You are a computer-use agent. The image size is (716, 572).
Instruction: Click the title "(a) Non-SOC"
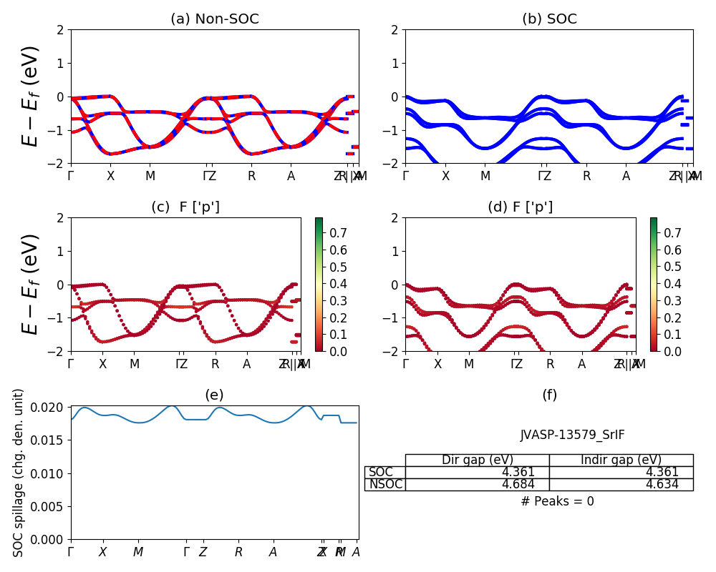(215, 19)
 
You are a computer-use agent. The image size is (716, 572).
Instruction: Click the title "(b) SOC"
(549, 19)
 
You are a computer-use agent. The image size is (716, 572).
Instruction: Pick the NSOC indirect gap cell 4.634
(672, 485)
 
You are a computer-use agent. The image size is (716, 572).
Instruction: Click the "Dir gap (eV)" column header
(478, 460)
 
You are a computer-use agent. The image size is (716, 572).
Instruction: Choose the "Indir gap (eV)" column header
(621, 460)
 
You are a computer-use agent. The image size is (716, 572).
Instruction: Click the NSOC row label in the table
(385, 485)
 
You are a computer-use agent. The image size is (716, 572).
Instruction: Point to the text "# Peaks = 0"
(557, 501)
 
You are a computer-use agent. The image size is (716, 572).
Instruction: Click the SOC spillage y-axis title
(19, 472)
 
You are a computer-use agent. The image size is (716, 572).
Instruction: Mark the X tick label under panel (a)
(110, 176)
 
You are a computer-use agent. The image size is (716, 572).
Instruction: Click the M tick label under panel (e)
(138, 552)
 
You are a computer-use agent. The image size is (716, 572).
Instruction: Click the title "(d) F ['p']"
(520, 207)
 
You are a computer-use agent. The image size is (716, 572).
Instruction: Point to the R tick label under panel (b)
(586, 176)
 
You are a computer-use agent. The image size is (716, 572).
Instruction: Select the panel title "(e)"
(214, 395)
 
